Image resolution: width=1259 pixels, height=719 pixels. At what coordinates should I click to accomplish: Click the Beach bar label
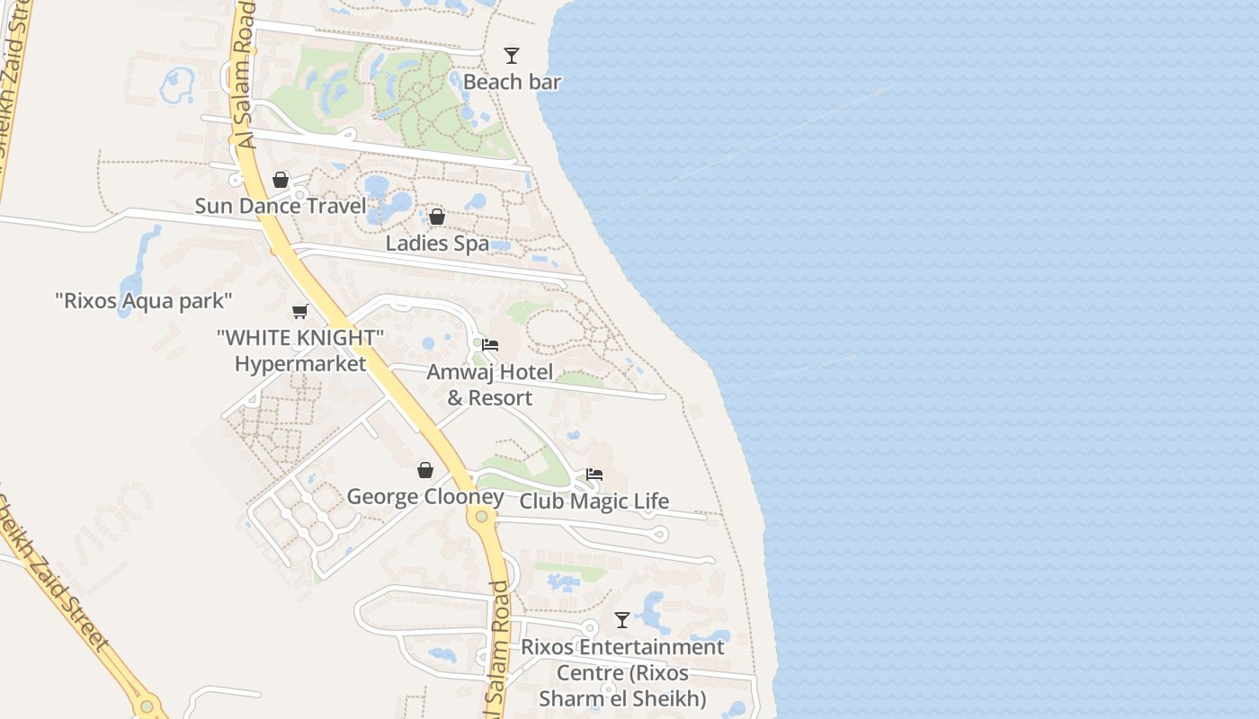[x=512, y=82]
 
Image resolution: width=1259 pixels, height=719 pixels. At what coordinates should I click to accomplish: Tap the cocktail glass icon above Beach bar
[x=512, y=56]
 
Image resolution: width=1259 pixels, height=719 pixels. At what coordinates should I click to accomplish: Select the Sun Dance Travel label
[x=281, y=206]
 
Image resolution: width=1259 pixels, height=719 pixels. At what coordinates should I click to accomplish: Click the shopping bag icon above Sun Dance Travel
[x=281, y=180]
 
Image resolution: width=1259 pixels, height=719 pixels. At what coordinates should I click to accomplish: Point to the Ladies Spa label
[x=437, y=243]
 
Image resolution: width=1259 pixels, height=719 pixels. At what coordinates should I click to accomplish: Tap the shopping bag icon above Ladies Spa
[x=437, y=217]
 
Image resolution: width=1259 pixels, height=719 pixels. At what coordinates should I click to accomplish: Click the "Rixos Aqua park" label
[x=144, y=300]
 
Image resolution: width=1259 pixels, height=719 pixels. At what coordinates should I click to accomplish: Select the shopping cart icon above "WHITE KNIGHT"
[x=300, y=311]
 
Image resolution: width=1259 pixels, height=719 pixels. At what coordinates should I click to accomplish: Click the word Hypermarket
[x=300, y=363]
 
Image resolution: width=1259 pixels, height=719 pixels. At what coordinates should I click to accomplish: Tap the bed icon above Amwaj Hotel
[x=490, y=345]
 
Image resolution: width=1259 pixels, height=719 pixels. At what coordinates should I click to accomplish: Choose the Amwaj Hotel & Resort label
[x=490, y=385]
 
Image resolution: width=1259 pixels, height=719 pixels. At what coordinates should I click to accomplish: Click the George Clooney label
[x=425, y=497]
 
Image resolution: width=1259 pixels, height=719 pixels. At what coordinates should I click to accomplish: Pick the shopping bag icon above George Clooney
[x=425, y=470]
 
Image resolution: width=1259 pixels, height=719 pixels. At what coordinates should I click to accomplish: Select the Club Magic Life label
[x=594, y=501]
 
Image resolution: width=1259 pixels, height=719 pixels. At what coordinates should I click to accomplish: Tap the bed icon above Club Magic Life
[x=594, y=475]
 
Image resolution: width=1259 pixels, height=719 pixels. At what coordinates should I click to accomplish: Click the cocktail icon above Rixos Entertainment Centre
[x=622, y=620]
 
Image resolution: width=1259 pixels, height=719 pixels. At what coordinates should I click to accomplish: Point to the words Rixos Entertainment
[x=622, y=647]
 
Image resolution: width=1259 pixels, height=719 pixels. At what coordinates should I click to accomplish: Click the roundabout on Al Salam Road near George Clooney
[x=482, y=516]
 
